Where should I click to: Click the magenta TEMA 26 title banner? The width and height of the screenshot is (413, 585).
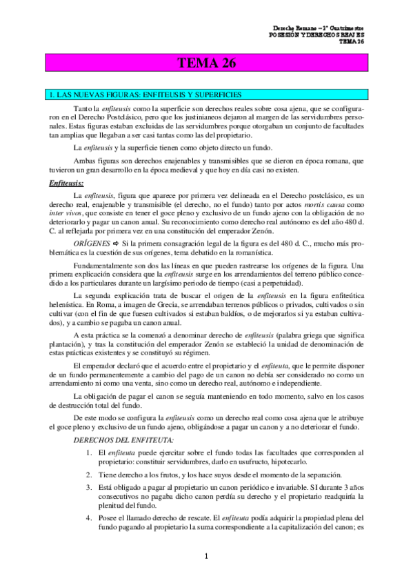(x=207, y=64)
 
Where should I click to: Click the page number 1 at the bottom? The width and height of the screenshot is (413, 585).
(x=206, y=556)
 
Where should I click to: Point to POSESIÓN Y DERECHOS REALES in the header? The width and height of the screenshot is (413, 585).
(x=316, y=34)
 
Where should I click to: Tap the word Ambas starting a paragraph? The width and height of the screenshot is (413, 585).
(x=83, y=160)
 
